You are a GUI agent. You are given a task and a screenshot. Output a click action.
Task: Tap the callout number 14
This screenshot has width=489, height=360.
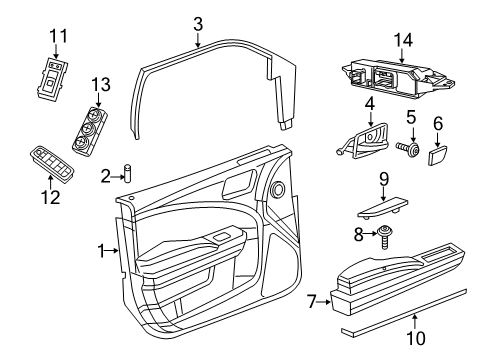[x=403, y=39]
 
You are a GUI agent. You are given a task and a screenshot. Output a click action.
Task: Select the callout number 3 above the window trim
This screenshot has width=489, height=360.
[x=198, y=22]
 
